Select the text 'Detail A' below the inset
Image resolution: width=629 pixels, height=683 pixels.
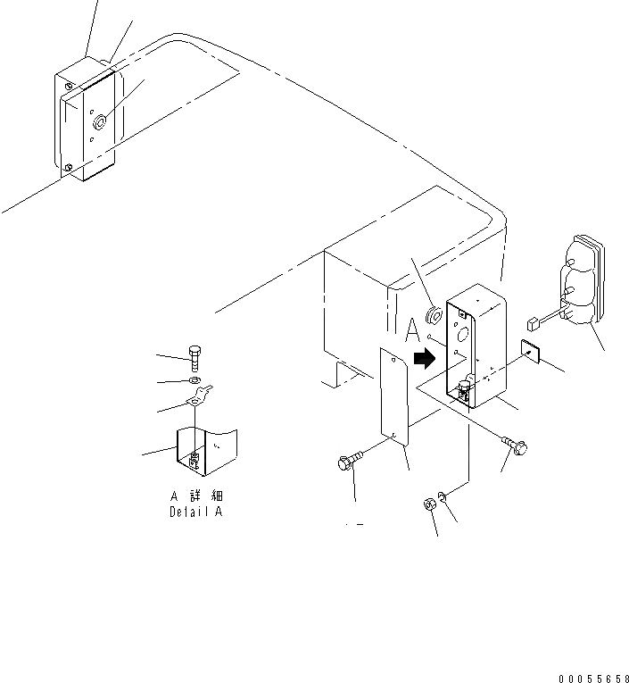(x=196, y=512)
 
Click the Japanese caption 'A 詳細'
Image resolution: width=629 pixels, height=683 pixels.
(x=196, y=497)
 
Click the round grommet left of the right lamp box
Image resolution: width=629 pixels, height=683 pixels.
(x=435, y=314)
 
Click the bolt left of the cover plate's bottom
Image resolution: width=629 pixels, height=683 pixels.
(x=350, y=462)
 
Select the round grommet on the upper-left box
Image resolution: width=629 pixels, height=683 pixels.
(x=100, y=120)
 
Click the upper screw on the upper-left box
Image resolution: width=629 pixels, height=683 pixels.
(x=69, y=87)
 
